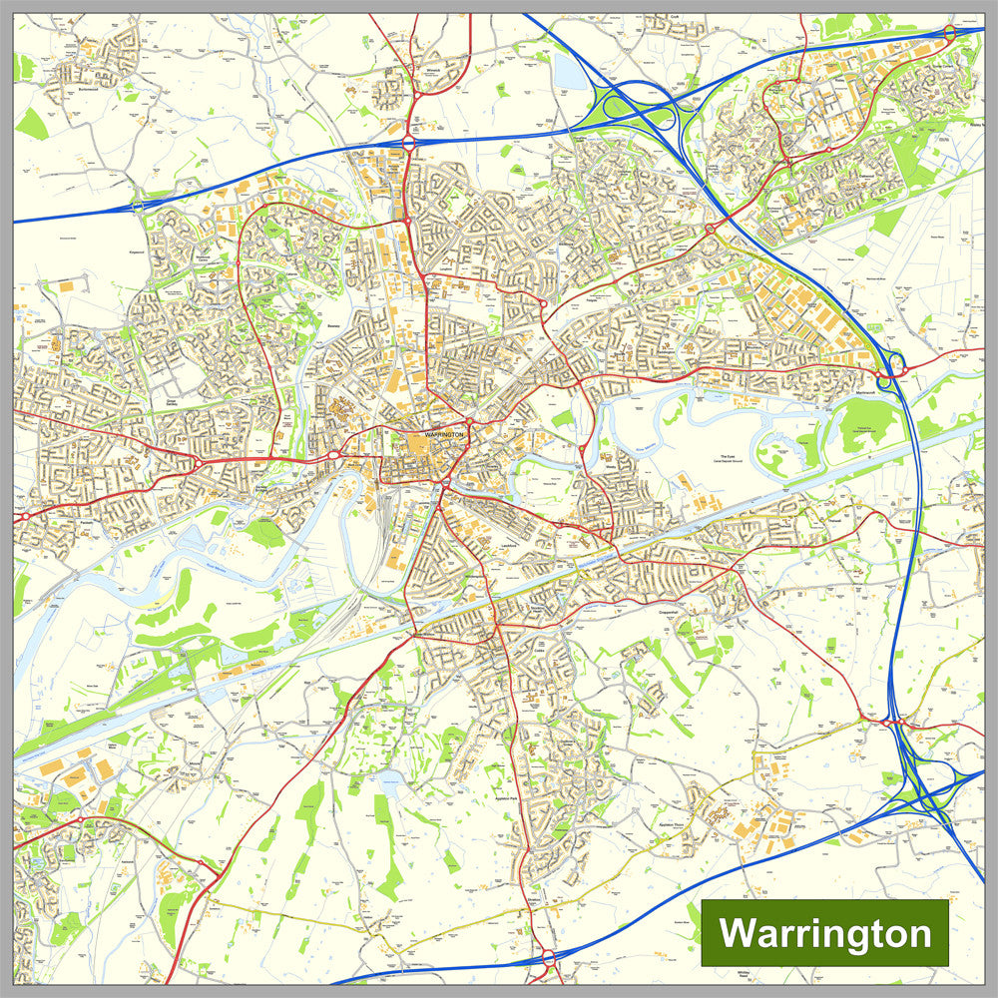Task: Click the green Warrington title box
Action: coord(824,933)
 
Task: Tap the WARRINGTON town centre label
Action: coord(444,436)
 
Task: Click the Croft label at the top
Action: coord(674,17)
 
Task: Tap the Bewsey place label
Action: coord(334,324)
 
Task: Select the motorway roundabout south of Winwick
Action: coord(408,145)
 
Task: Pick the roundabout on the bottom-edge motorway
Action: coord(548,960)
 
